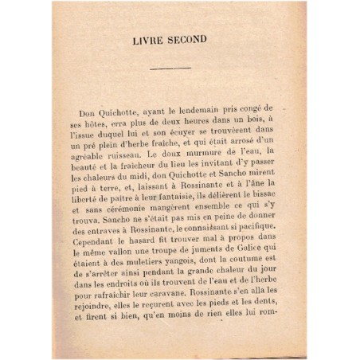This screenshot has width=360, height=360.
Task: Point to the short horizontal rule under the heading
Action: (x=170, y=68)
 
